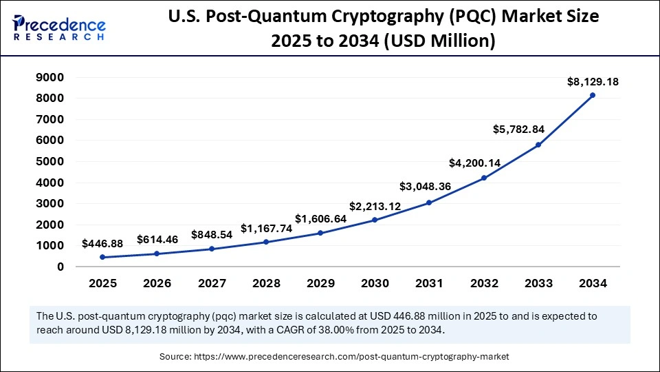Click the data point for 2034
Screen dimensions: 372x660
pos(593,95)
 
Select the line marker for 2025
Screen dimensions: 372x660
pos(102,257)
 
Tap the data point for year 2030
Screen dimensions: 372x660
pos(375,220)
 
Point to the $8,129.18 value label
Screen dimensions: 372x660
pos(593,81)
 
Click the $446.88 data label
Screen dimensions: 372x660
pos(102,243)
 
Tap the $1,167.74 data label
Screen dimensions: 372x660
pos(266,228)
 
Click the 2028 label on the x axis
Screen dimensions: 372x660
pos(265,283)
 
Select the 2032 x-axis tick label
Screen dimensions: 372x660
pos(483,283)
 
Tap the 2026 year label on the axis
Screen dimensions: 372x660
pos(157,283)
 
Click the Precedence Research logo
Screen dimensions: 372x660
pos(59,28)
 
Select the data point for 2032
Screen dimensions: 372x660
pos(483,178)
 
